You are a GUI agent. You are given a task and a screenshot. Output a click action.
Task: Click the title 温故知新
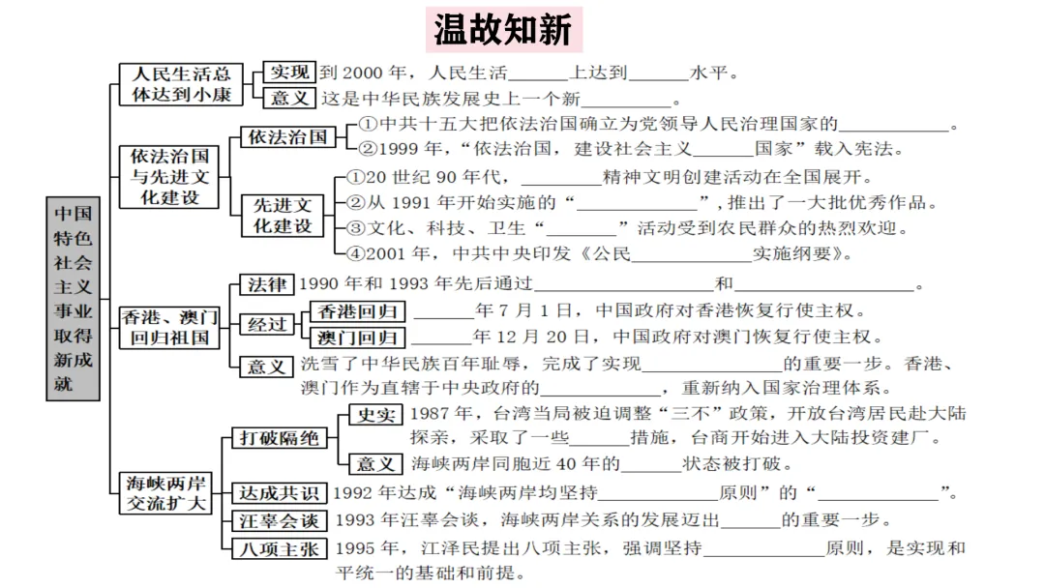[502, 30]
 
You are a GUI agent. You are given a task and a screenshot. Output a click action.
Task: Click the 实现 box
[290, 73]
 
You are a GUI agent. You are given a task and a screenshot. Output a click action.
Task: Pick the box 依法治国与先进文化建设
[164, 175]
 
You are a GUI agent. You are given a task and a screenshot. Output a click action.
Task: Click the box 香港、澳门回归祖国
[169, 327]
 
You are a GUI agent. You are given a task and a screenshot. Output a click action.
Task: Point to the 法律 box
[267, 285]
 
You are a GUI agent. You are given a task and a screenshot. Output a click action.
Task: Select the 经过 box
[267, 325]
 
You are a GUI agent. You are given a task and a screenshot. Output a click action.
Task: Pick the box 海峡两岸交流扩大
[166, 492]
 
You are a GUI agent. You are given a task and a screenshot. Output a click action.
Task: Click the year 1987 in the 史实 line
[431, 414]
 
